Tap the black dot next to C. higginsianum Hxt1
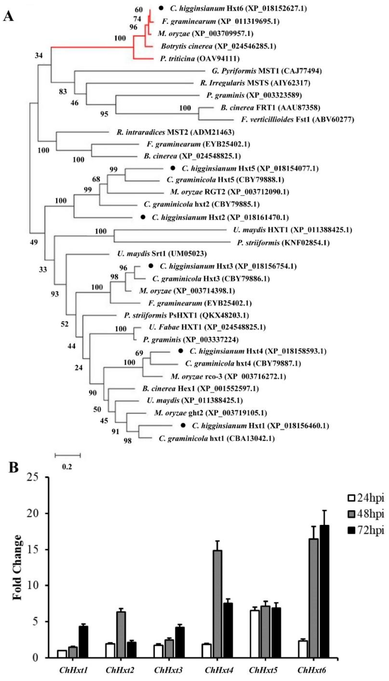[x=183, y=425]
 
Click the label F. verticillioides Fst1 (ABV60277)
[x=297, y=119]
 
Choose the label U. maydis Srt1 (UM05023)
[x=162, y=253]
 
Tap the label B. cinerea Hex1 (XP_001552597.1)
[x=200, y=388]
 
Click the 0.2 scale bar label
[x=67, y=467]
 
